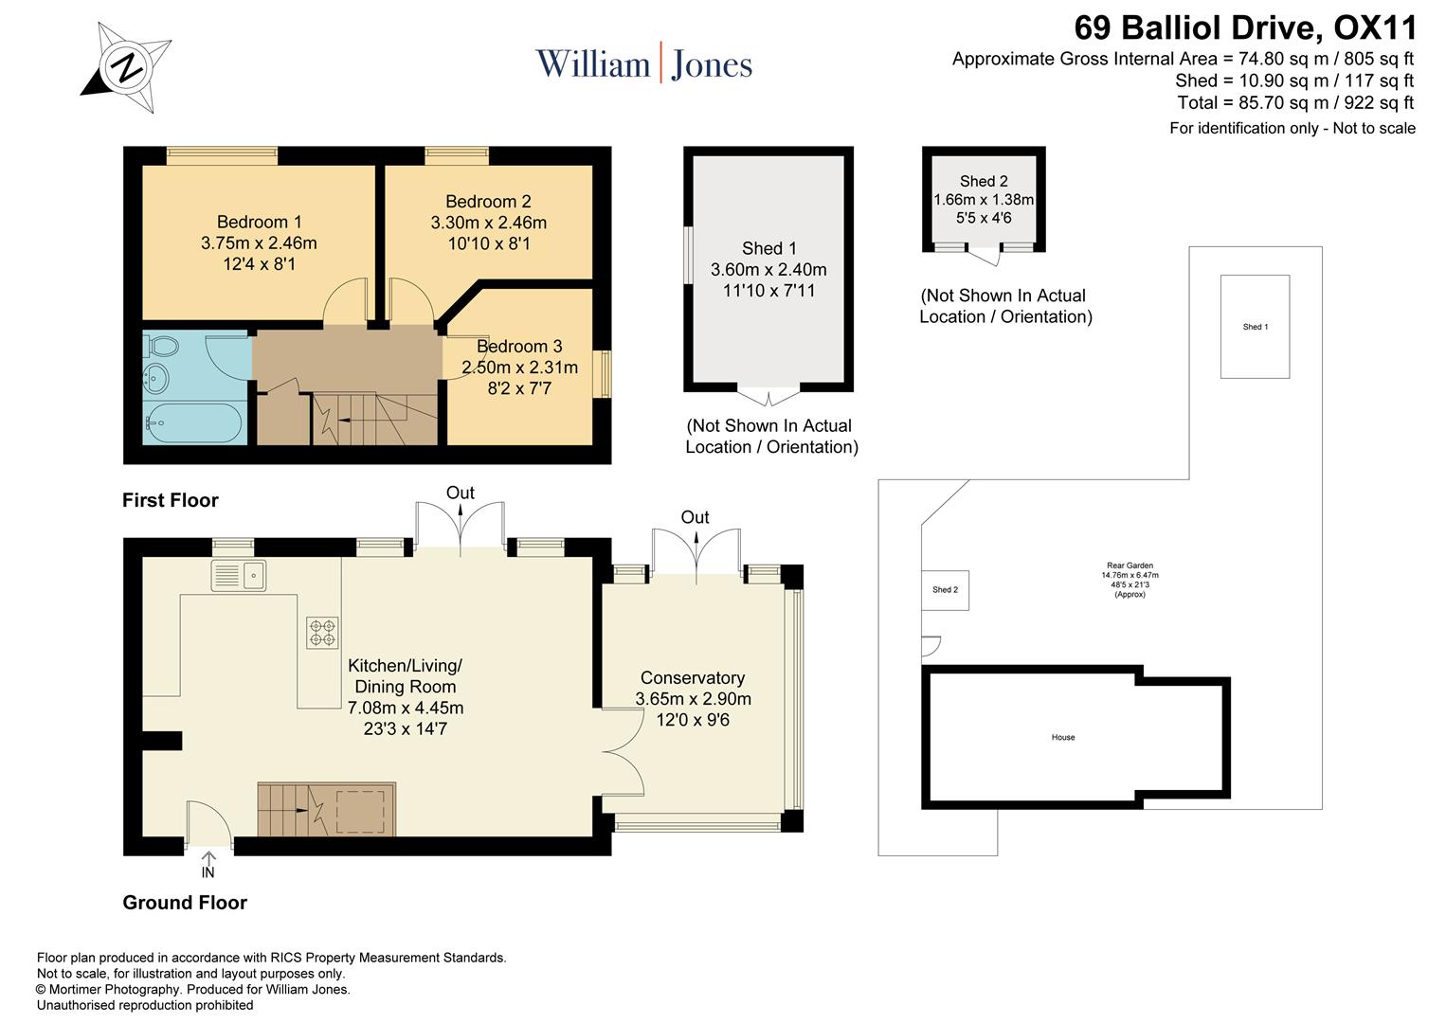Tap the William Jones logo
coord(643,64)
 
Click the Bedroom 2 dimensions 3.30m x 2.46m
coord(488,224)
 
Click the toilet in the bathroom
coord(160,347)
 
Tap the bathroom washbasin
coord(155,380)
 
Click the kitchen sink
coord(239,575)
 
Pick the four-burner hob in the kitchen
coord(322,633)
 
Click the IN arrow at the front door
coord(208,866)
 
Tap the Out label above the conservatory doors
coord(695,517)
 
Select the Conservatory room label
coord(693,678)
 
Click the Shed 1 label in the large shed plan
coord(768,248)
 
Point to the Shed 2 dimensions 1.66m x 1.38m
coord(984,200)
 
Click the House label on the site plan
coord(1062,737)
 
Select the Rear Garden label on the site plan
coord(1130,565)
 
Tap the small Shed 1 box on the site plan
coord(1255,327)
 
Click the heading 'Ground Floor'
coord(185,903)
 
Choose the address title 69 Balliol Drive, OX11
coord(1245,27)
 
